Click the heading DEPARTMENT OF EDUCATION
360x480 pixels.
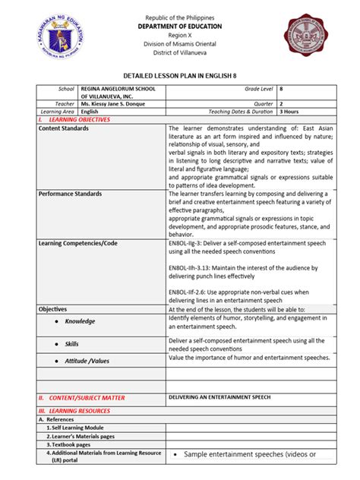coord(180,24)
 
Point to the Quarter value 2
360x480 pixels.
coord(282,103)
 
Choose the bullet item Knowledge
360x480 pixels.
coord(80,321)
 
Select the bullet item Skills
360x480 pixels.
coord(71,344)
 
